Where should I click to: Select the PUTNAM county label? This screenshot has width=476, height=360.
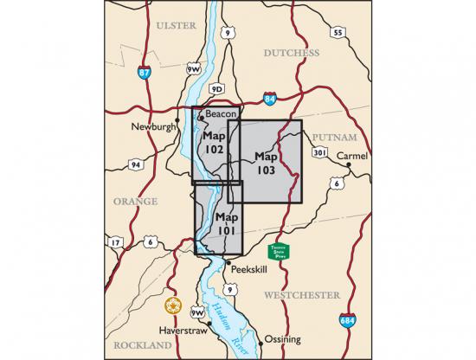coord(331,137)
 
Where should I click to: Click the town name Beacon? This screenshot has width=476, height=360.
coord(222,114)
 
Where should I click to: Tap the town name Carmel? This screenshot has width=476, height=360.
coord(352,156)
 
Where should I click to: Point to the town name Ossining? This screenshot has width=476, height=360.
coord(283,338)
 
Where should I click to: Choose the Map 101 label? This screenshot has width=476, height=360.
coord(226,224)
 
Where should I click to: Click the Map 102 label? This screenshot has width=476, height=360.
coord(214,143)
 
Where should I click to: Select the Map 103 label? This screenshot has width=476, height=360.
coord(266,164)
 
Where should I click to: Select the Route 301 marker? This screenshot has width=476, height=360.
coord(320,152)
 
